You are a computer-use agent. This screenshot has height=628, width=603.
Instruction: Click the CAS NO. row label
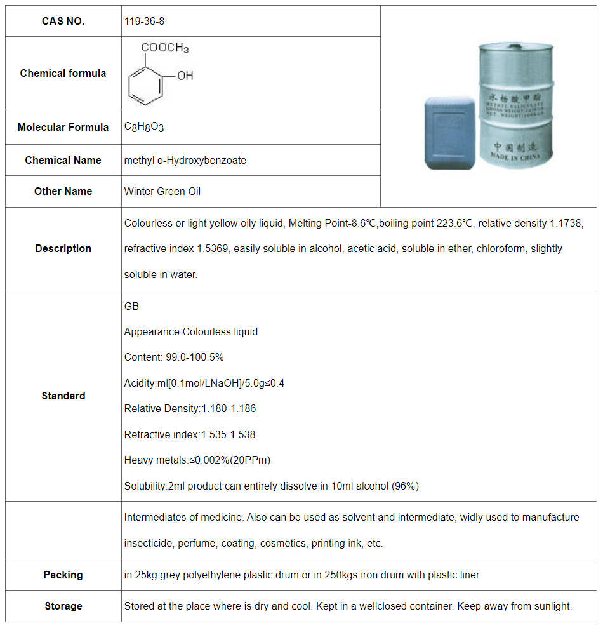point(63,21)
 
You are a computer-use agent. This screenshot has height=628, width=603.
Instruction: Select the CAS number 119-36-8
point(145,21)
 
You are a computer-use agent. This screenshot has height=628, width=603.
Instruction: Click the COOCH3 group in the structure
point(165,48)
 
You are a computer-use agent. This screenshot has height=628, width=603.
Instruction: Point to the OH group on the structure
point(185,76)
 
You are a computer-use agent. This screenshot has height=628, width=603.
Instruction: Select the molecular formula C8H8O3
point(144,127)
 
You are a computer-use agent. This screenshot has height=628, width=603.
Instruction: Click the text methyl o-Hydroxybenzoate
point(185,160)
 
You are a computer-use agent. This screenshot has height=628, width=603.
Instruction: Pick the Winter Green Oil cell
point(162,191)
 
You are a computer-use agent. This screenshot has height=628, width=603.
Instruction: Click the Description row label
point(63,248)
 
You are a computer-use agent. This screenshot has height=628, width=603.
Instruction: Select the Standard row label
point(63,396)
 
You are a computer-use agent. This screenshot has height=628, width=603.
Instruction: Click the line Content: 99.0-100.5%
point(174,357)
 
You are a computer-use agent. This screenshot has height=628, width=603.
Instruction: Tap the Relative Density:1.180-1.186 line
point(190,409)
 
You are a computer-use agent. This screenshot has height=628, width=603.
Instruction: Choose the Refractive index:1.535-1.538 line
point(190,435)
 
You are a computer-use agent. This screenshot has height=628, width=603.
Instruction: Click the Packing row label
point(63,575)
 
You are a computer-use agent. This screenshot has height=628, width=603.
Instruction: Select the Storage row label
point(63,606)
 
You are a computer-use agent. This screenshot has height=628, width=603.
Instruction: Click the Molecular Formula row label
point(63,127)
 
